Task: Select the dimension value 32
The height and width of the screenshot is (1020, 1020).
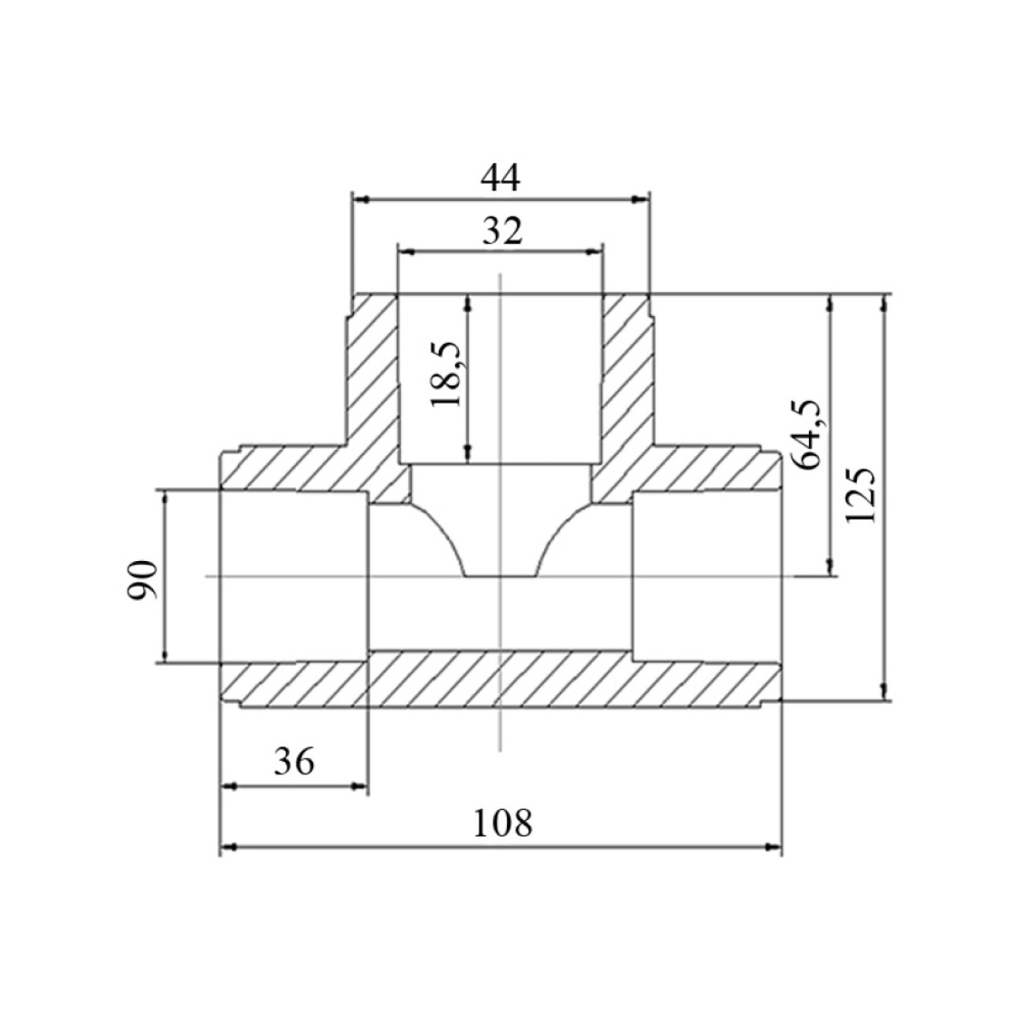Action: pos(502,231)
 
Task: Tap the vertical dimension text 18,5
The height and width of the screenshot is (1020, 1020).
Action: pos(446,374)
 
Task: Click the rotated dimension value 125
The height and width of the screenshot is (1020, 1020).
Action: pos(860,495)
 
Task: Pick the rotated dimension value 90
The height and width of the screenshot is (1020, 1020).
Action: pos(142,579)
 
